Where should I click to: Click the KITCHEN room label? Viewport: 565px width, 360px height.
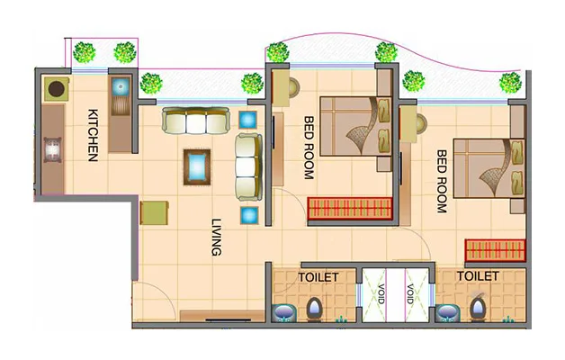93,135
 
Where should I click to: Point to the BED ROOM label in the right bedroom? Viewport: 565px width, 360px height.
442,181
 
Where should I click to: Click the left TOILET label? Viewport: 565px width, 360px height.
318,277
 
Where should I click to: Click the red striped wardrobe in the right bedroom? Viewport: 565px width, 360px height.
494,249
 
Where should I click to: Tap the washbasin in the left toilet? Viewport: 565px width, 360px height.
283,312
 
